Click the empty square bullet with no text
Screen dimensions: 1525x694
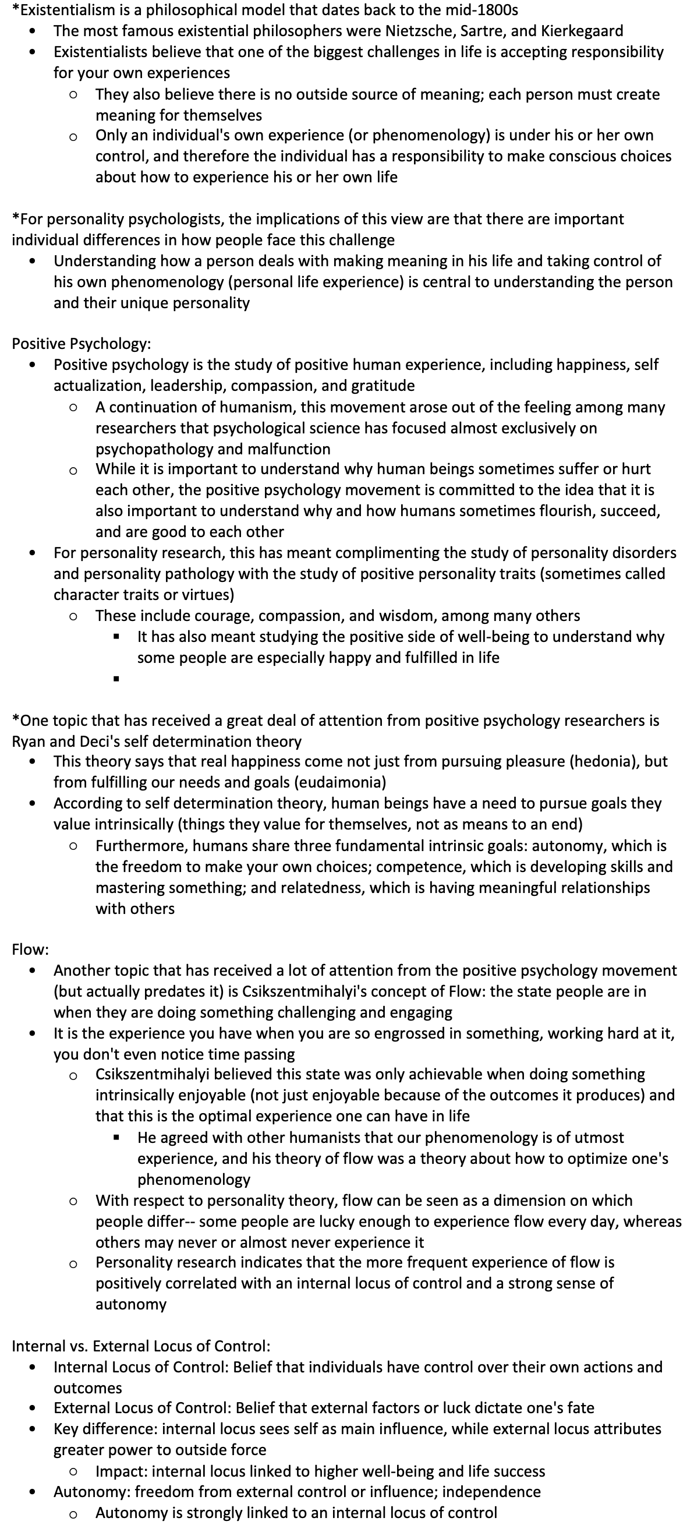(x=116, y=679)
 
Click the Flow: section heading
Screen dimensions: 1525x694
(x=30, y=949)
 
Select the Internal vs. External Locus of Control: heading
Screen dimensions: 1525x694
(x=141, y=1346)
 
